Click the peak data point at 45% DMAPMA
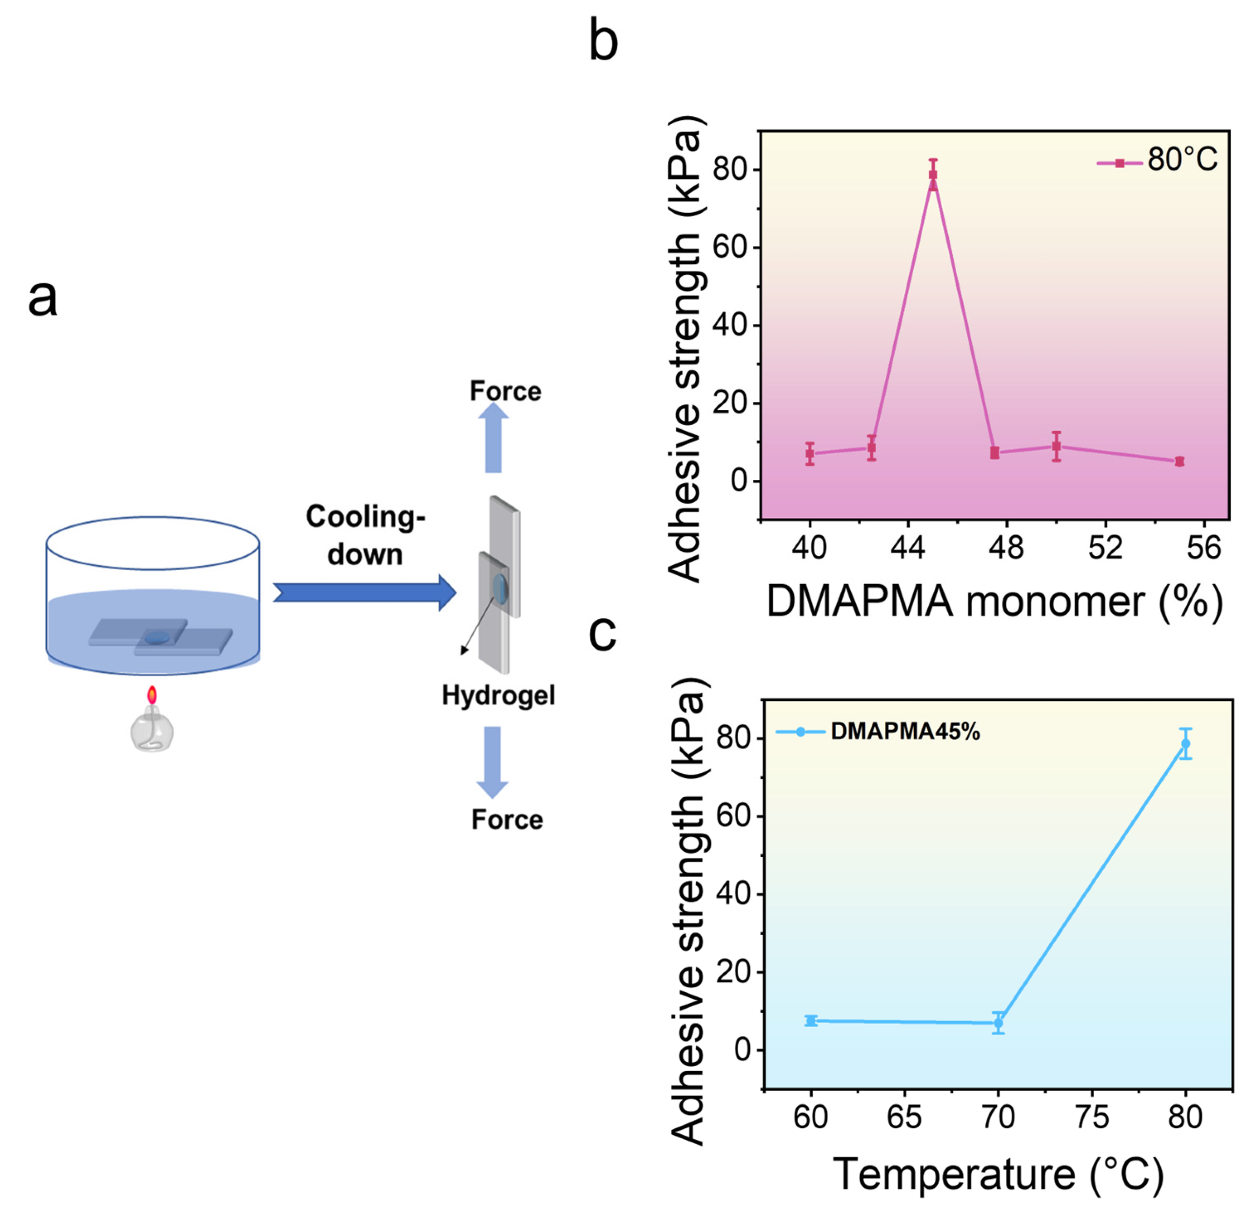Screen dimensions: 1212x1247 (932, 174)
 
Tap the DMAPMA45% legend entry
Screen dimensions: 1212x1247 (878, 732)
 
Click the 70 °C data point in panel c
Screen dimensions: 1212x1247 (998, 1023)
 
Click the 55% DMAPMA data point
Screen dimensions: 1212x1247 (1179, 462)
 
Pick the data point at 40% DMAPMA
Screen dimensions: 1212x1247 (810, 454)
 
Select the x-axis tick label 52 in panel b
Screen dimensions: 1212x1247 (1105, 548)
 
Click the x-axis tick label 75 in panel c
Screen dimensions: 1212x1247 (1091, 1117)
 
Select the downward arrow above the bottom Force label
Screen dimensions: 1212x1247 (492, 761)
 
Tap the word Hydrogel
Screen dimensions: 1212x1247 (499, 695)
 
